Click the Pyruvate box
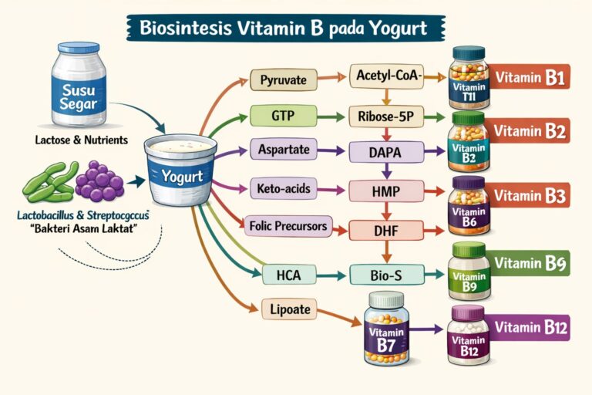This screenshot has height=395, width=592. click(283, 79)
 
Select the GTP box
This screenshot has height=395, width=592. click(283, 116)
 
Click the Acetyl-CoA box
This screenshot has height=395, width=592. click(385, 76)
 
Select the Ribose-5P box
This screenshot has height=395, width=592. click(385, 116)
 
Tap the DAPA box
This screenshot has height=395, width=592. click(385, 153)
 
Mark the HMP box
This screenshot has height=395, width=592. click(385, 190)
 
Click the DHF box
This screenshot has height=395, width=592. click(385, 228)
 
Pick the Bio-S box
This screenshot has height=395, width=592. click(385, 273)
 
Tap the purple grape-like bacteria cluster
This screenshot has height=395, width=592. click(100, 183)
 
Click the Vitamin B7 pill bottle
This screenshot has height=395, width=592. click(387, 329)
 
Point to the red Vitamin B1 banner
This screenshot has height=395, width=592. click(530, 78)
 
